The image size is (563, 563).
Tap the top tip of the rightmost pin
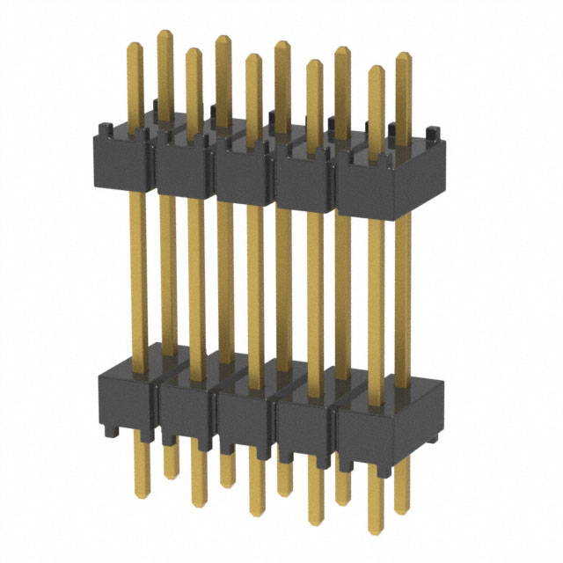(x=404, y=55)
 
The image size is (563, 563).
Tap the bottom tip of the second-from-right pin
(x=377, y=525)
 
